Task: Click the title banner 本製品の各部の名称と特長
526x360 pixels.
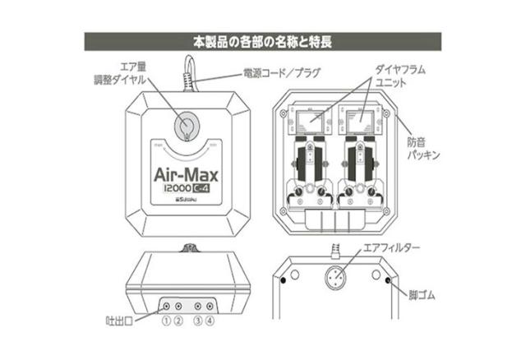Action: (x=263, y=39)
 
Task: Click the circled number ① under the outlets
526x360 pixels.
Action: (x=167, y=320)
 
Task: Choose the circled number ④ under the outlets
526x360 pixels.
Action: (x=211, y=320)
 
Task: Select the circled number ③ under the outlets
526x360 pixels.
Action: (x=198, y=320)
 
